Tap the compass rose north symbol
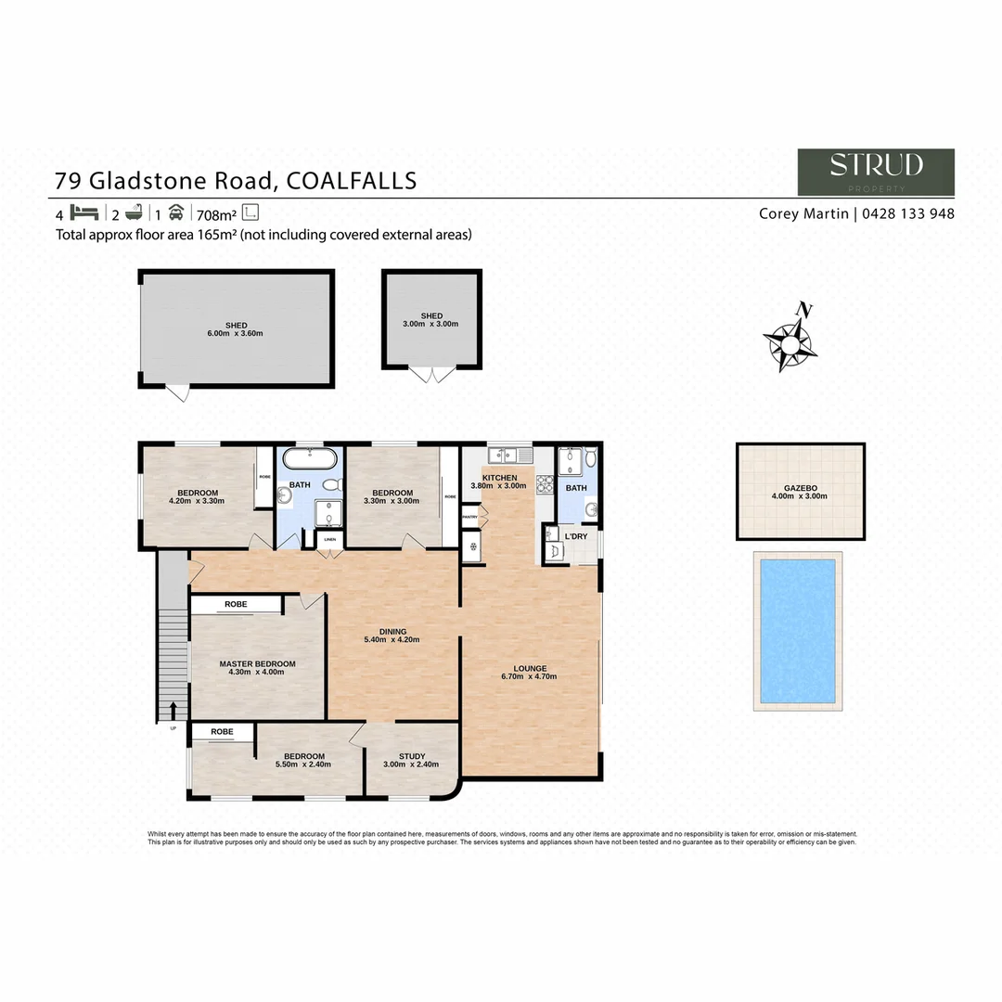click(790, 340)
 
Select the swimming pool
click(798, 630)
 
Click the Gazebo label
click(799, 491)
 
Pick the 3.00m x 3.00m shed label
click(431, 320)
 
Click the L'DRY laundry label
click(575, 536)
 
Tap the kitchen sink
click(507, 455)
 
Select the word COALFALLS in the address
click(352, 180)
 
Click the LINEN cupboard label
click(328, 538)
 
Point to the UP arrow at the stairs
click(173, 712)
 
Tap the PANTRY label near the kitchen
click(470, 517)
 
